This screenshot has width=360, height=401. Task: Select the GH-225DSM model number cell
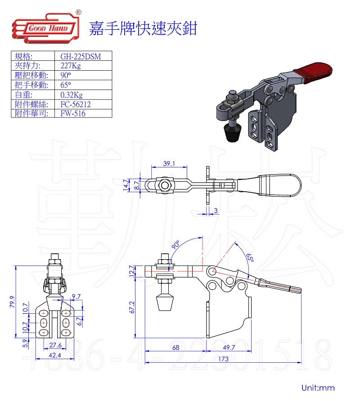[x=81, y=57]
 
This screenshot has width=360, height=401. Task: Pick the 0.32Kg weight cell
[x=72, y=95]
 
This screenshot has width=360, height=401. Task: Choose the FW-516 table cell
[x=73, y=113]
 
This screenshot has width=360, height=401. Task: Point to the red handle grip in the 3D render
[x=313, y=72]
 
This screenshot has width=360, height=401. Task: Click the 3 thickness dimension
[x=216, y=210]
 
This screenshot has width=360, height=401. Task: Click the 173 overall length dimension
[x=224, y=359]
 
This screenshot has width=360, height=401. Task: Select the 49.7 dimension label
[x=229, y=347]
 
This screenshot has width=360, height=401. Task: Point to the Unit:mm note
[x=318, y=387]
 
